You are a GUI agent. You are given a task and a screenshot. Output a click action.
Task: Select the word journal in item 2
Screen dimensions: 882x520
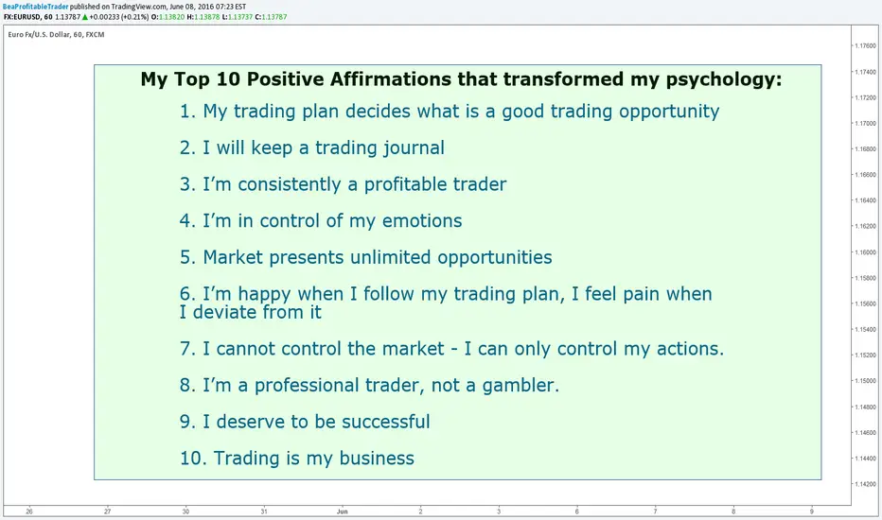pyautogui.click(x=414, y=148)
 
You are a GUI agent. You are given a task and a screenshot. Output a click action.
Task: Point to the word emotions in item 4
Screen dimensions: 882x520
pyautogui.click(x=422, y=220)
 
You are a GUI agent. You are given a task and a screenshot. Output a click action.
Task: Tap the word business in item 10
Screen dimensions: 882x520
pyautogui.click(x=377, y=459)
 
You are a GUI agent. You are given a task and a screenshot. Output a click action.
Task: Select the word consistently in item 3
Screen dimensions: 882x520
pyautogui.click(x=290, y=184)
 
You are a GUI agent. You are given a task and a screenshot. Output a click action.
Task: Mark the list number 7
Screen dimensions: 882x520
pyautogui.click(x=185, y=349)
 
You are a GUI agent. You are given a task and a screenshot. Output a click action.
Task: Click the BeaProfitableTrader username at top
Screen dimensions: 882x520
pyautogui.click(x=35, y=7)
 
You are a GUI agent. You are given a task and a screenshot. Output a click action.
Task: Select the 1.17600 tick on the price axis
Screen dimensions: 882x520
pyautogui.click(x=865, y=45)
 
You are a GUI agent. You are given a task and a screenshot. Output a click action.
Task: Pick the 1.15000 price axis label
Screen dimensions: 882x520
pyautogui.click(x=865, y=381)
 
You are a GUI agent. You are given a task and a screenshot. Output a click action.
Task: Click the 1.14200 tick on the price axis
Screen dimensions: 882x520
pyautogui.click(x=865, y=483)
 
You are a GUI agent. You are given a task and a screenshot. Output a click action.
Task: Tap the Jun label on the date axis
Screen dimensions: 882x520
pyautogui.click(x=342, y=511)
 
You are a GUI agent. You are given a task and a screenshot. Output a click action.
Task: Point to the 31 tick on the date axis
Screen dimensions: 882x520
pyautogui.click(x=264, y=511)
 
